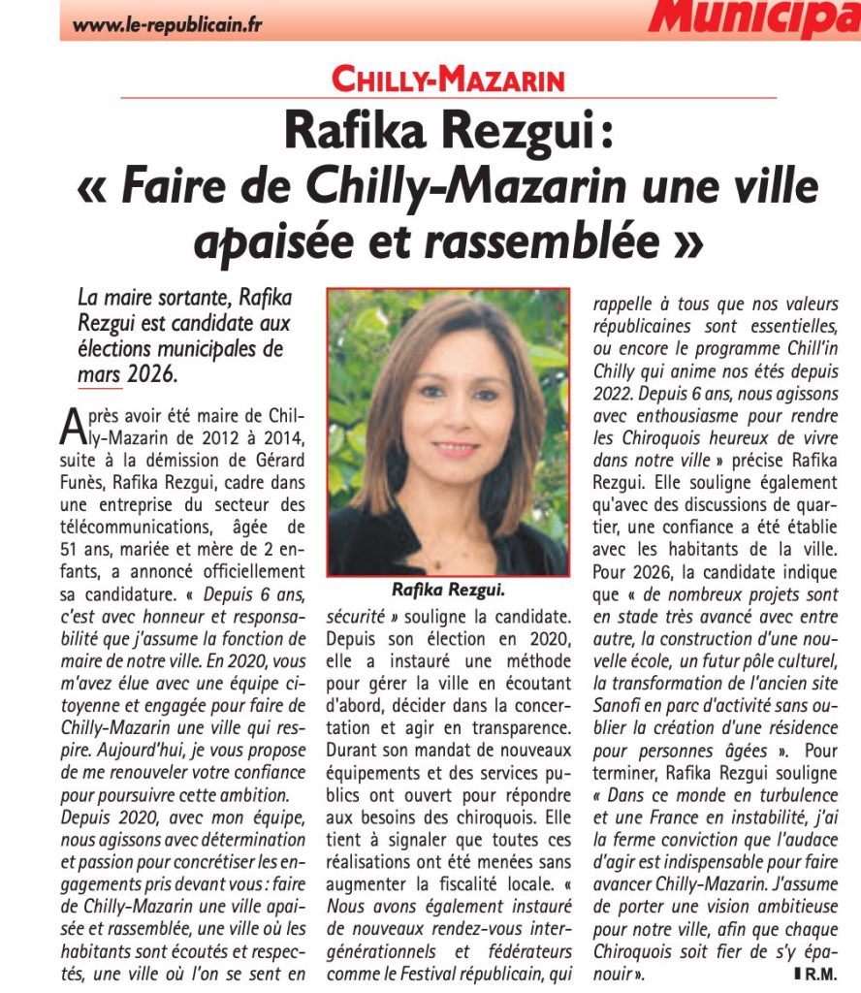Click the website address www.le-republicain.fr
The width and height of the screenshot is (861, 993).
pyautogui.click(x=167, y=24)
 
